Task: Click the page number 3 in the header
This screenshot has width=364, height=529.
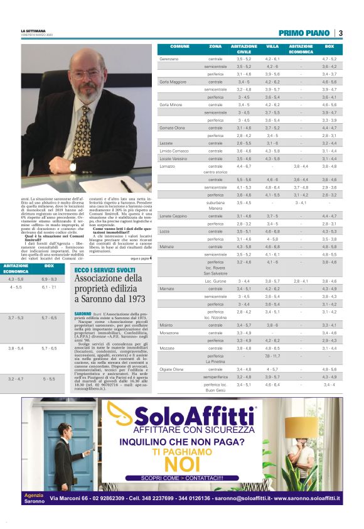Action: (340, 33)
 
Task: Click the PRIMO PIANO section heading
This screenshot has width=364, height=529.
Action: (305, 33)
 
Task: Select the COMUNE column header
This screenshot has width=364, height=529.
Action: (179, 46)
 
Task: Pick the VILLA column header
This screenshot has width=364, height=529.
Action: (272, 46)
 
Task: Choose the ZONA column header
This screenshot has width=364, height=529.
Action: (215, 46)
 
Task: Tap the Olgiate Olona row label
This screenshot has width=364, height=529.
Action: (171, 369)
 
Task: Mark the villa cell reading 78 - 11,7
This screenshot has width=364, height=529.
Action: (272, 356)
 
